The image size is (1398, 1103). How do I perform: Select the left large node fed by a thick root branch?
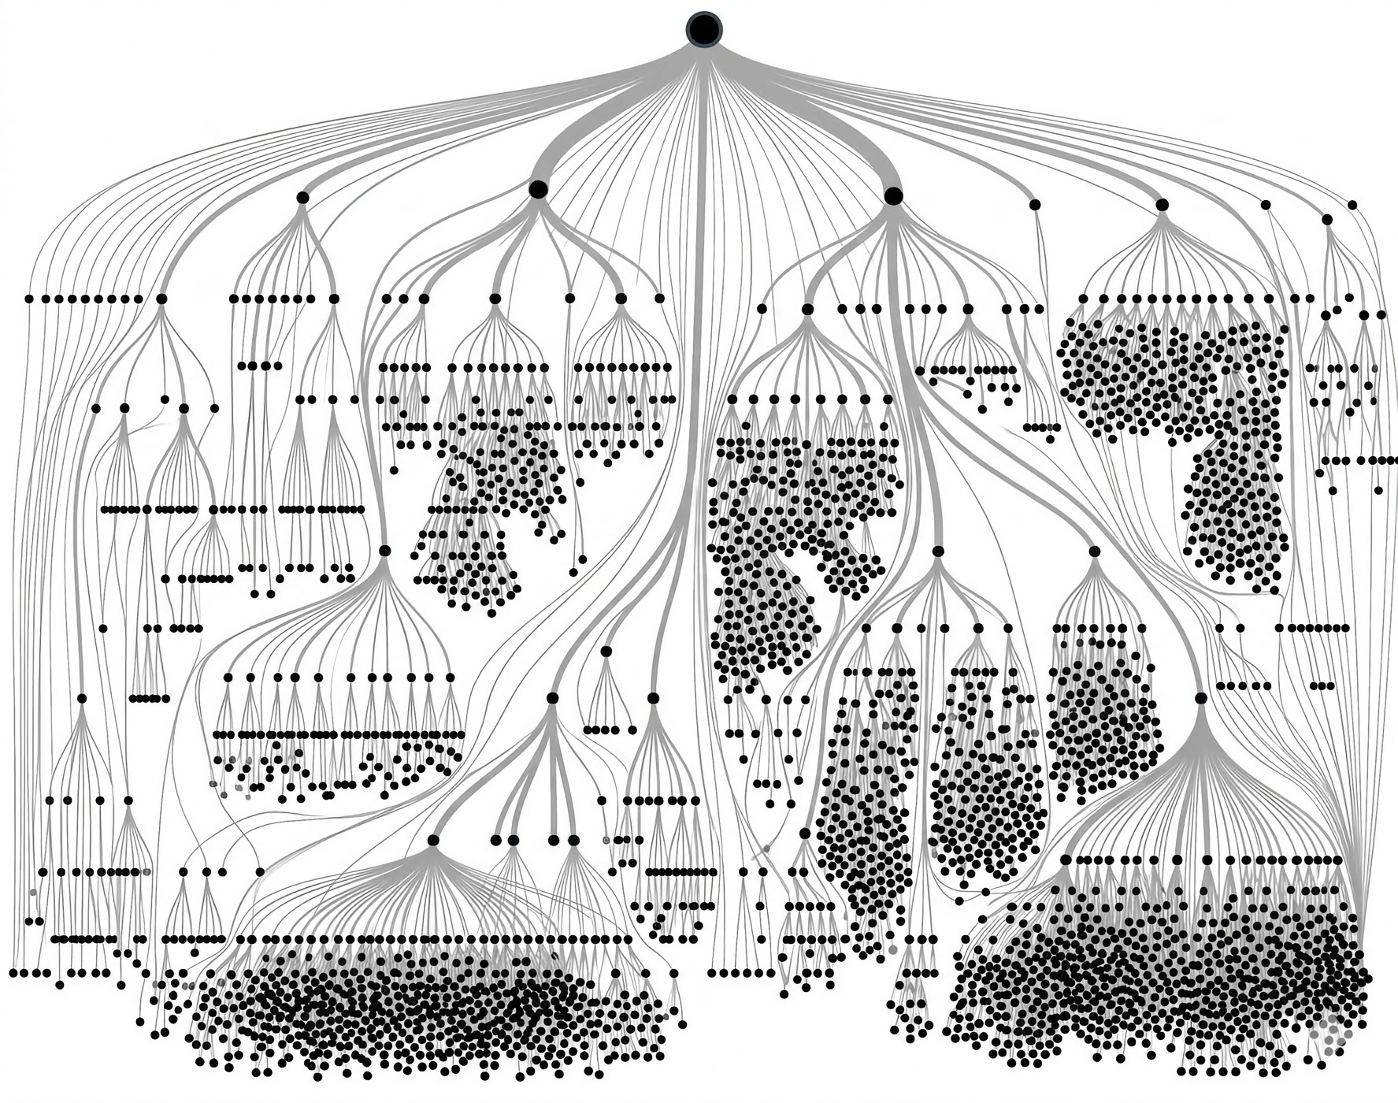pos(538,189)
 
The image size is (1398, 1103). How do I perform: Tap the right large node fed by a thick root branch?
pos(893,195)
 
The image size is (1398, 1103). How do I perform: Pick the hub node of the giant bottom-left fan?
pos(432,840)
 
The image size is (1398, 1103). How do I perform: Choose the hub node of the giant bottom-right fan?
pos(1200,698)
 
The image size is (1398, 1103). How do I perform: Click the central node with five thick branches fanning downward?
pos(552,698)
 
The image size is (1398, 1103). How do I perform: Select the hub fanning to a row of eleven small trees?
pos(385,550)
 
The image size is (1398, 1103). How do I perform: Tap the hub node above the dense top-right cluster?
pos(1162,205)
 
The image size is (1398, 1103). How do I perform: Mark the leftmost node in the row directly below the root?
pos(302,198)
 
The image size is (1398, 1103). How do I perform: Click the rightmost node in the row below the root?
pos(1352,205)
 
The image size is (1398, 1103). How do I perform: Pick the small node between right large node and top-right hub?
pos(1035,204)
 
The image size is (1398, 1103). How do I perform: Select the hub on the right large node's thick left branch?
pos(807,309)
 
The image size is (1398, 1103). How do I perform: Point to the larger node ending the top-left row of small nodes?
pos(161,299)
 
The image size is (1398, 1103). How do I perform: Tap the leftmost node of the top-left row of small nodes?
pos(29,299)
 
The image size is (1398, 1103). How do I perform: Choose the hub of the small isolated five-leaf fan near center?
pos(606,651)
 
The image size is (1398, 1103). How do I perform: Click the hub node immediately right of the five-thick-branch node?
pos(653,698)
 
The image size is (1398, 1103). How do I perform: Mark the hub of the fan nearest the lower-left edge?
pos(82,698)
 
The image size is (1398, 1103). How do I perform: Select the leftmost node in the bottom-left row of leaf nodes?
pos(13,973)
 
